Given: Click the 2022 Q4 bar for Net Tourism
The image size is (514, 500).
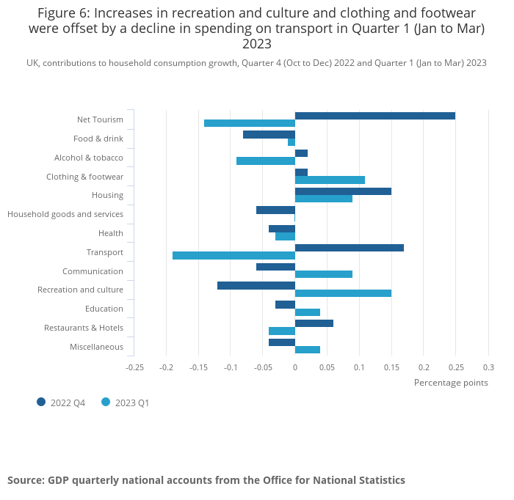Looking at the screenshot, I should [374, 116].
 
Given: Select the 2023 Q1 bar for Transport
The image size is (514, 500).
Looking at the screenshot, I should [234, 256].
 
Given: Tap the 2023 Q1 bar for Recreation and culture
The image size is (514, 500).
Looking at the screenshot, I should [343, 293].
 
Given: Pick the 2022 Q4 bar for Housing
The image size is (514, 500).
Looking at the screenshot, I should [343, 191].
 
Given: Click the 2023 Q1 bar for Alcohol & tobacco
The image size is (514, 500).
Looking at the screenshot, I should [265, 161].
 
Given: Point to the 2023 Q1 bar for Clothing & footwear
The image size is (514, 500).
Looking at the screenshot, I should [330, 180].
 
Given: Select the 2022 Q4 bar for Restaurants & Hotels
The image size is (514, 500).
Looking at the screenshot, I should [314, 323].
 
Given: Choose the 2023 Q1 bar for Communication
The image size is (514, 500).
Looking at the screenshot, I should [323, 274].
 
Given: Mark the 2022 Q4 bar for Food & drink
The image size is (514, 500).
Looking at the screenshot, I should [269, 135].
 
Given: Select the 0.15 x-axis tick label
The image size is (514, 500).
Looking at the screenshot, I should [391, 367].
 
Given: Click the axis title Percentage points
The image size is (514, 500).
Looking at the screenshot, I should [451, 382].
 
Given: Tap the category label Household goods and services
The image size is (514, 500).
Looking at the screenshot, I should [65, 214].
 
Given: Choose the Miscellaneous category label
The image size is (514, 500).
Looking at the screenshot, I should [96, 347].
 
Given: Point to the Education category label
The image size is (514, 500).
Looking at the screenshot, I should [104, 309].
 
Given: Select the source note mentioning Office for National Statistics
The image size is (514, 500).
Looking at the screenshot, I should [206, 480].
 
